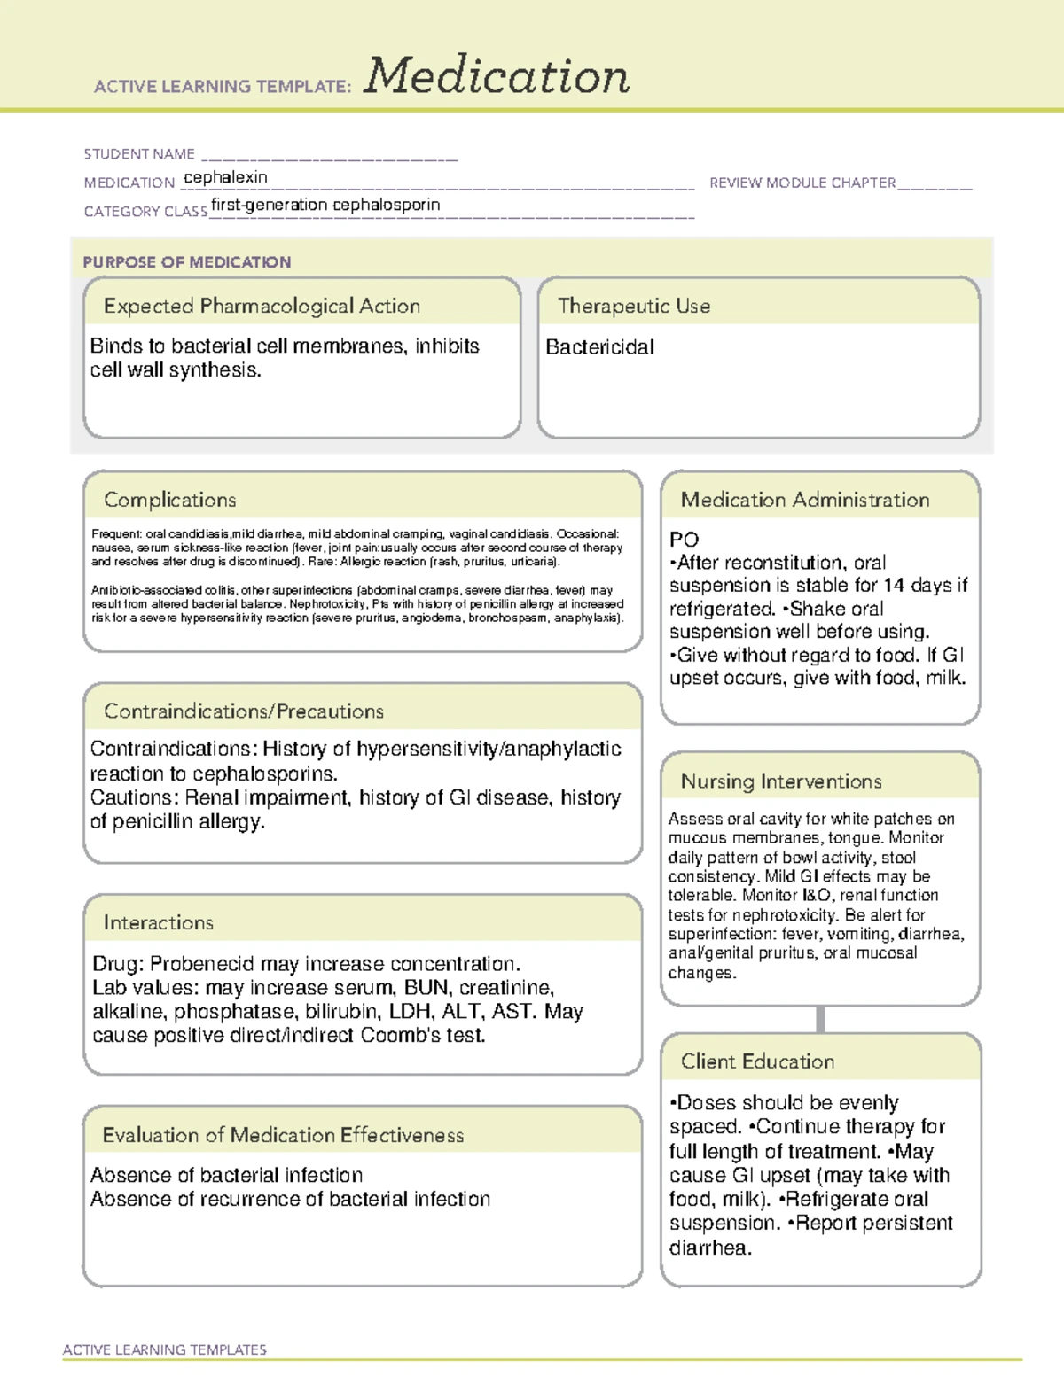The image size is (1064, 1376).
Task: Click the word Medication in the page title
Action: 497,76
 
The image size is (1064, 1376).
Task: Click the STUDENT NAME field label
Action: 139,154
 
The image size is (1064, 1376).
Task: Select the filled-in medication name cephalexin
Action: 225,177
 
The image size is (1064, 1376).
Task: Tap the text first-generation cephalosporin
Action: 325,205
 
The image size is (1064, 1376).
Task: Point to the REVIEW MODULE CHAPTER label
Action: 802,183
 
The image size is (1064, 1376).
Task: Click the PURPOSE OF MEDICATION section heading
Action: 187,262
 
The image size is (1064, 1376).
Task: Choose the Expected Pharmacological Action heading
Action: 262,306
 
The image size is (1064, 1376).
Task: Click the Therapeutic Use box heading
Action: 634,306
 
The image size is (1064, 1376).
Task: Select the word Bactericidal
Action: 599,347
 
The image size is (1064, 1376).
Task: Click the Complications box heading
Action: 170,500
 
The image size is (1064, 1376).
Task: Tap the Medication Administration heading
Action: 805,500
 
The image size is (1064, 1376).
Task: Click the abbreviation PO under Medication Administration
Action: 684,540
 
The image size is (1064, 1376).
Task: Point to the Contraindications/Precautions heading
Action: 244,711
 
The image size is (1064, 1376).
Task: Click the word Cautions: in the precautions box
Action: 135,797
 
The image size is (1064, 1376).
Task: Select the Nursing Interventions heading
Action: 781,781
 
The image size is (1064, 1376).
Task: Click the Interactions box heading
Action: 159,922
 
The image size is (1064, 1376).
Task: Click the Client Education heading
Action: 757,1061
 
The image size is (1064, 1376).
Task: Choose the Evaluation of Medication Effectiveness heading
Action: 283,1135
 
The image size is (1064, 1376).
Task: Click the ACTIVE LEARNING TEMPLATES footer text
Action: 165,1349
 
